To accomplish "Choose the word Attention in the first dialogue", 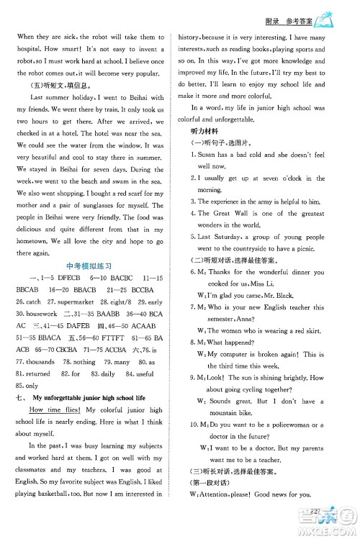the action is pyautogui.click(x=216, y=513).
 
